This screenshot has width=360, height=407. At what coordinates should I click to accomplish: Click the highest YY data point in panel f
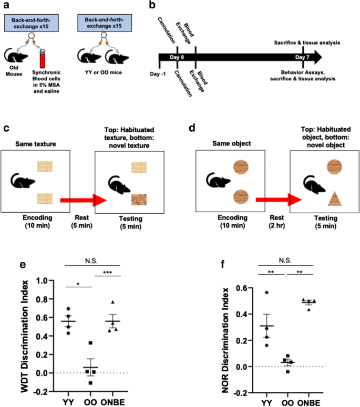[x=267, y=293]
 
